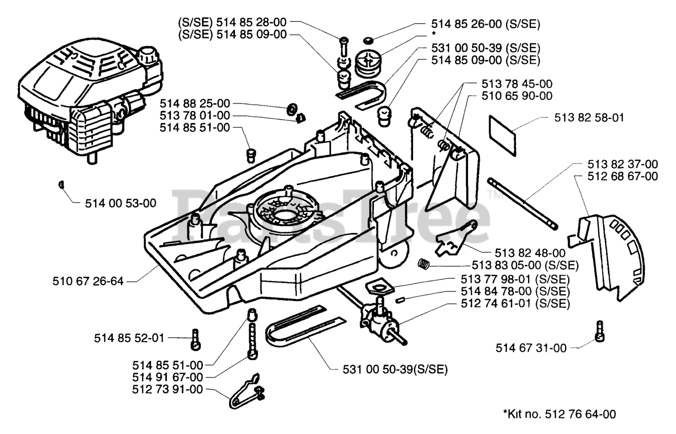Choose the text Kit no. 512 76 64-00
pyautogui.click(x=559, y=414)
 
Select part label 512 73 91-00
pyautogui.click(x=167, y=390)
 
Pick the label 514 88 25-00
pyautogui.click(x=194, y=103)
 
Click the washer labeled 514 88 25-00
pyautogui.click(x=290, y=110)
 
